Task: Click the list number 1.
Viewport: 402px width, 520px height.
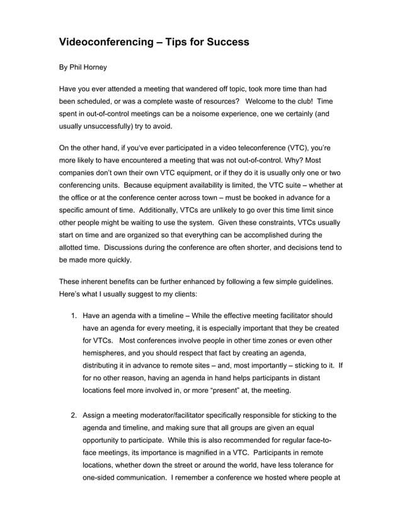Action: pos(73,315)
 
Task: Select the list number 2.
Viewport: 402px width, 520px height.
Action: pos(73,415)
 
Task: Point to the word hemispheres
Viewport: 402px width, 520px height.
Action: pos(107,353)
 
